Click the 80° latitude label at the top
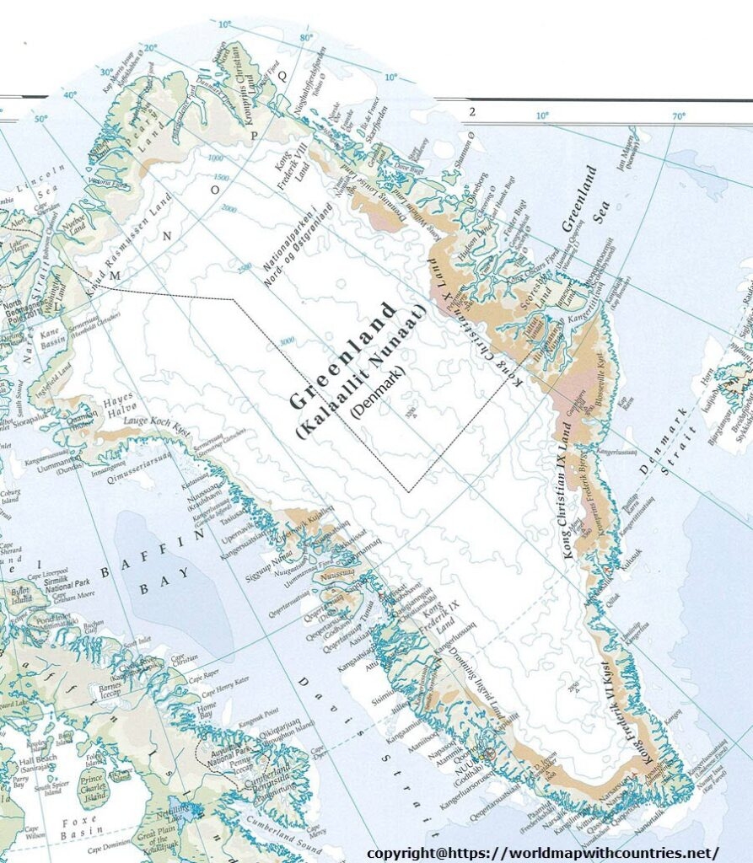tap(305, 38)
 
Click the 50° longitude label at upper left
tap(41, 119)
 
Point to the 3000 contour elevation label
tap(287, 340)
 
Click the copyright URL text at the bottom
tap(543, 852)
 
